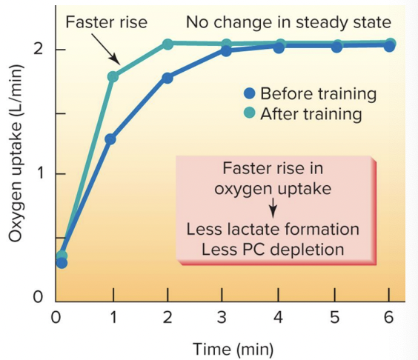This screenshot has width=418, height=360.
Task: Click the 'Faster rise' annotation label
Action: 106,22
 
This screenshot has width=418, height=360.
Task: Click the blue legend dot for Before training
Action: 250,94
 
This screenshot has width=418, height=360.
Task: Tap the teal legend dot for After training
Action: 250,114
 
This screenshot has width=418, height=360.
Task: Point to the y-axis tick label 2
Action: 36,50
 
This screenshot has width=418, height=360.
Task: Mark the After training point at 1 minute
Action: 113,76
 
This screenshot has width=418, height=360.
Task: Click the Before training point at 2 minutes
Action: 167,78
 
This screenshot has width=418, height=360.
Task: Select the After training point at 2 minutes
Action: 167,44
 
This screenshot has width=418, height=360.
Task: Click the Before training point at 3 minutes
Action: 225,51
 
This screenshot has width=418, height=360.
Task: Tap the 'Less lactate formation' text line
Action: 273,229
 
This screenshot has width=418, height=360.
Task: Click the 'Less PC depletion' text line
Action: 273,249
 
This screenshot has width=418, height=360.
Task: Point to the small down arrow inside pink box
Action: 272,207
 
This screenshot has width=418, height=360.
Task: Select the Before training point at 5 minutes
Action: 336,47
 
